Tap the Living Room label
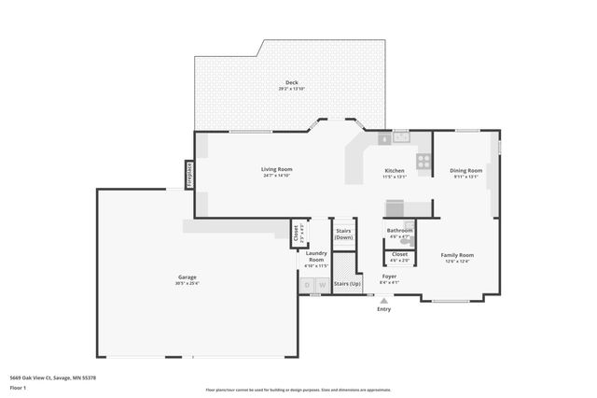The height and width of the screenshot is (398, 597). coord(276,169)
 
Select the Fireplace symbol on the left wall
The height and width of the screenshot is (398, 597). coord(187,176)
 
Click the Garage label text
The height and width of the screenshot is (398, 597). coord(187,277)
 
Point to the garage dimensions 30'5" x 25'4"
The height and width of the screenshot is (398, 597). coord(187,283)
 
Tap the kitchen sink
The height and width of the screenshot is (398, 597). coord(401,137)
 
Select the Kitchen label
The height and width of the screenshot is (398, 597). coord(395,171)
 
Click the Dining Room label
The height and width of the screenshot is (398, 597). coord(465,170)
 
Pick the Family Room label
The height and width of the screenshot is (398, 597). coord(457,255)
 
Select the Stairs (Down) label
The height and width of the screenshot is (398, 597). coord(343,234)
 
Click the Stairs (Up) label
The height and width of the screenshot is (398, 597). coord(347,282)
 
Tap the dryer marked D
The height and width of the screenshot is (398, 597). coord(307,284)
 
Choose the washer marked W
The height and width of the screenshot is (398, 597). coord(322,284)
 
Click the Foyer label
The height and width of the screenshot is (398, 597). coord(389,277)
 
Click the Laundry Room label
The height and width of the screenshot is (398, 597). coord(315,256)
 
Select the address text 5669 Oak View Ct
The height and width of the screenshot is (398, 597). coord(35,377)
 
